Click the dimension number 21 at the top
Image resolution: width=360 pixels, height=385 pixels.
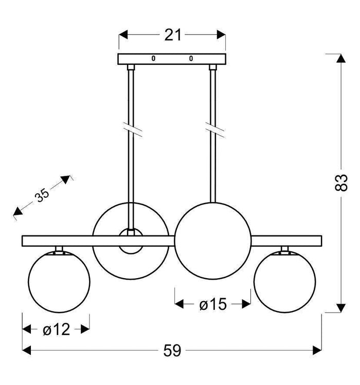tap(173, 35)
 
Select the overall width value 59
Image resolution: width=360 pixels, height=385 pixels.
tap(173, 351)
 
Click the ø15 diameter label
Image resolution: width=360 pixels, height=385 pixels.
tap(212, 304)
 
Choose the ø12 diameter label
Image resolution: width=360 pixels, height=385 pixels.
tap(56, 330)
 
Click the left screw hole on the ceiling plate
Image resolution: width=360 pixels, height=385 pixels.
tap(153, 59)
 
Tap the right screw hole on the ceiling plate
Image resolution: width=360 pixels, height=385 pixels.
tap(191, 59)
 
